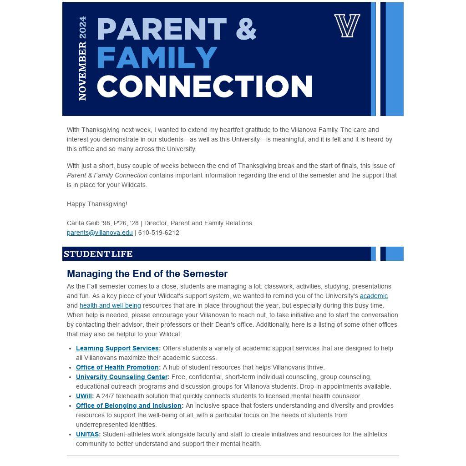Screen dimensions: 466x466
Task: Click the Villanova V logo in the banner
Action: (x=347, y=25)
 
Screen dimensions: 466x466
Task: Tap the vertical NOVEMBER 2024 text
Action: (x=82, y=58)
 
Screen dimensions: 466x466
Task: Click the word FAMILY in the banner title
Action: (x=157, y=58)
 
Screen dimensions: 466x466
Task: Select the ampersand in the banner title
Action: (x=246, y=29)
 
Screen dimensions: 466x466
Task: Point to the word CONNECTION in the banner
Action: (x=204, y=86)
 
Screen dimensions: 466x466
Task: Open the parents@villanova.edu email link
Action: (x=100, y=233)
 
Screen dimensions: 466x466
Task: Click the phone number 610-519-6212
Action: (x=159, y=233)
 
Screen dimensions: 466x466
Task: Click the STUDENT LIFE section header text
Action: (x=98, y=254)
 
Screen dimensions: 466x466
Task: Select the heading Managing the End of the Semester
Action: (x=147, y=274)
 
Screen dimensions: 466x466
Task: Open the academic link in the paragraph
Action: (x=374, y=296)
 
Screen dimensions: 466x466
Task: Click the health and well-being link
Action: (x=110, y=305)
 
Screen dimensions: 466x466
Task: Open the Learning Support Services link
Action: (x=117, y=348)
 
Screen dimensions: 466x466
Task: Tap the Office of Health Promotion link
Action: (x=117, y=367)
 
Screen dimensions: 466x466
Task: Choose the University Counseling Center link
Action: (x=122, y=377)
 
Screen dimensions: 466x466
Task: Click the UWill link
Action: (x=84, y=396)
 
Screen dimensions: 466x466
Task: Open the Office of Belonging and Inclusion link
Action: (x=129, y=405)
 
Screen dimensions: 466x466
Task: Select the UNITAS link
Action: (x=87, y=434)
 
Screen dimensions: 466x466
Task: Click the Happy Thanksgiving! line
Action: (x=97, y=204)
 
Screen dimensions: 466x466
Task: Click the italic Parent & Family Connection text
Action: (x=107, y=175)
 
